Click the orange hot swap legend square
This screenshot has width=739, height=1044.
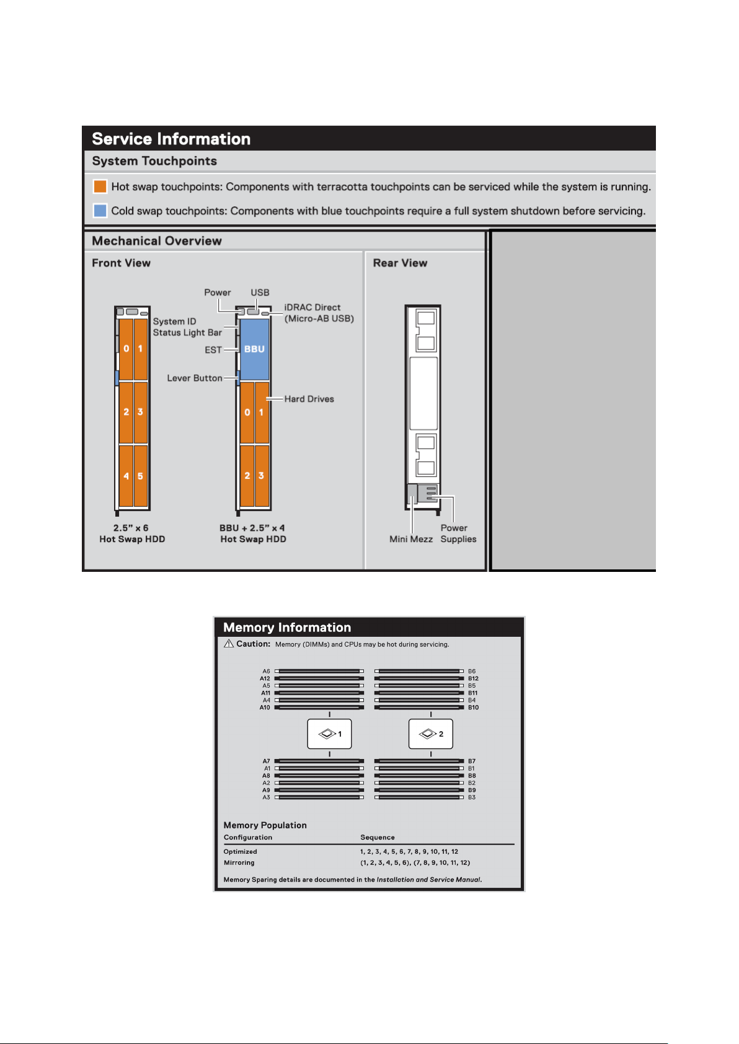click(100, 186)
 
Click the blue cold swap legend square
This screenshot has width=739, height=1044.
click(100, 211)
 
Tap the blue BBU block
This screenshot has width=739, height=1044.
click(254, 349)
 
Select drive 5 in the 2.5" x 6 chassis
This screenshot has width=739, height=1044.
click(140, 476)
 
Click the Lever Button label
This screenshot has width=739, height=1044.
click(195, 378)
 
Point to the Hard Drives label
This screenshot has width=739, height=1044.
click(309, 399)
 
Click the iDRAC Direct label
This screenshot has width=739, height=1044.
click(319, 313)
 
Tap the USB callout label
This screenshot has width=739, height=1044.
click(260, 292)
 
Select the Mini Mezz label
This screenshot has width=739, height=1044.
click(411, 539)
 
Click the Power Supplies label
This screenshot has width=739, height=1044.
click(458, 533)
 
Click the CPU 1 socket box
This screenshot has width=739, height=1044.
click(329, 734)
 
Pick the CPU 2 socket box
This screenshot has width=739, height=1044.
click(430, 734)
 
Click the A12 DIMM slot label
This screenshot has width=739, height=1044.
click(265, 678)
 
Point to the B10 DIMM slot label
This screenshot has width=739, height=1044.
click(473, 708)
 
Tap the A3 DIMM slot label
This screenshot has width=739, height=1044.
click(266, 797)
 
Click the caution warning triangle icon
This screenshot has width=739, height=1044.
click(229, 644)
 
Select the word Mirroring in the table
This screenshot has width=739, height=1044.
click(239, 862)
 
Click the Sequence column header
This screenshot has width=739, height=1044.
click(377, 838)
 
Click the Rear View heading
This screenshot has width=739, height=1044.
click(400, 263)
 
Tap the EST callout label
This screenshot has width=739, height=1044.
click(213, 350)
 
